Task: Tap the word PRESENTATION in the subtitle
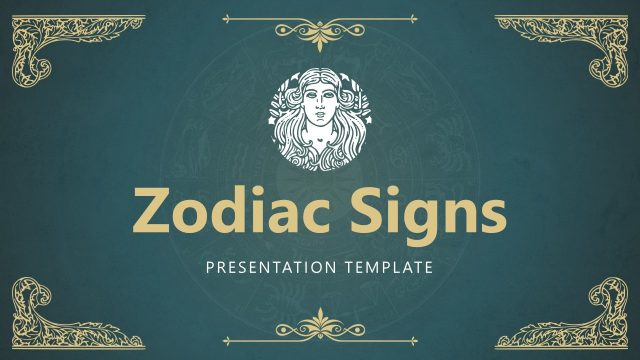[266, 268]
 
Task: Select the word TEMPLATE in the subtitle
[385, 268]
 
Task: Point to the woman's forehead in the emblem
[320, 89]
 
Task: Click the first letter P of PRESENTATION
[209, 268]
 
